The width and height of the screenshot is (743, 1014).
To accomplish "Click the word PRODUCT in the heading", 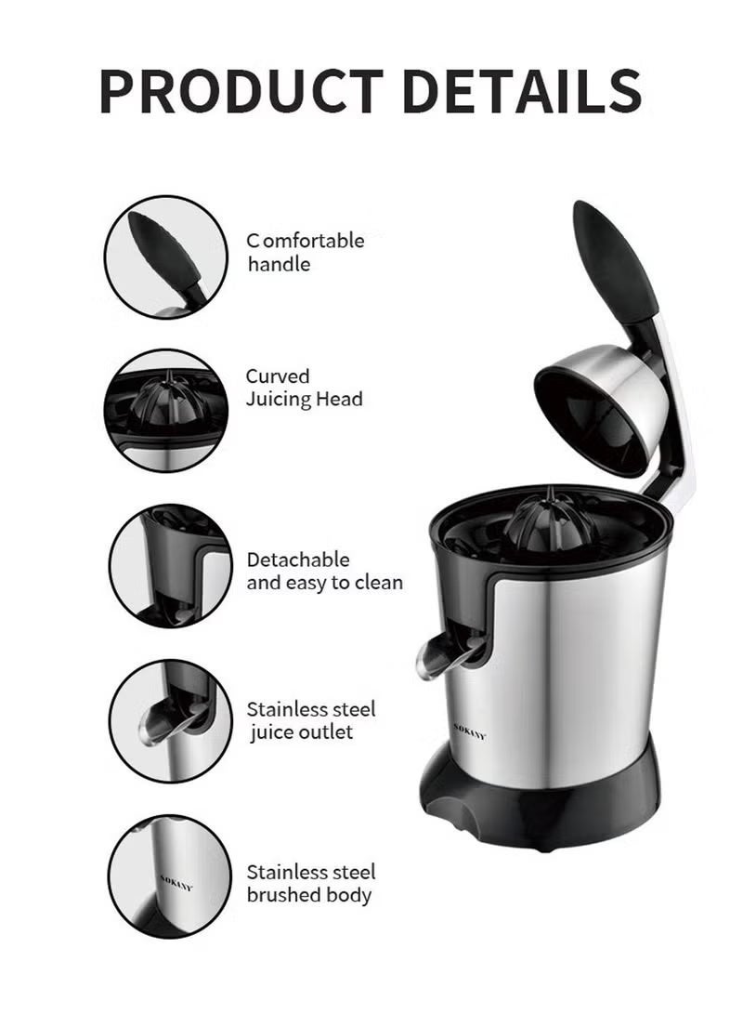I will click(x=241, y=91).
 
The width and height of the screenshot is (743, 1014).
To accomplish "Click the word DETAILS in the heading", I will click(x=520, y=91).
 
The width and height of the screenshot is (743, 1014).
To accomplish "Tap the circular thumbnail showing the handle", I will click(x=165, y=257).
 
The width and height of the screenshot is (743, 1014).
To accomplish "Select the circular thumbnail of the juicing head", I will click(x=165, y=410).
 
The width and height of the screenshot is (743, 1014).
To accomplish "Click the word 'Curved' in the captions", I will click(x=278, y=376).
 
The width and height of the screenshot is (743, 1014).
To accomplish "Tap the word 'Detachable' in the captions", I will click(x=298, y=560).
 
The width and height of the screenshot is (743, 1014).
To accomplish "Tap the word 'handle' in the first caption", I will click(x=278, y=264).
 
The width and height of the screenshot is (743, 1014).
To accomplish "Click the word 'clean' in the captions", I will click(x=379, y=583).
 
